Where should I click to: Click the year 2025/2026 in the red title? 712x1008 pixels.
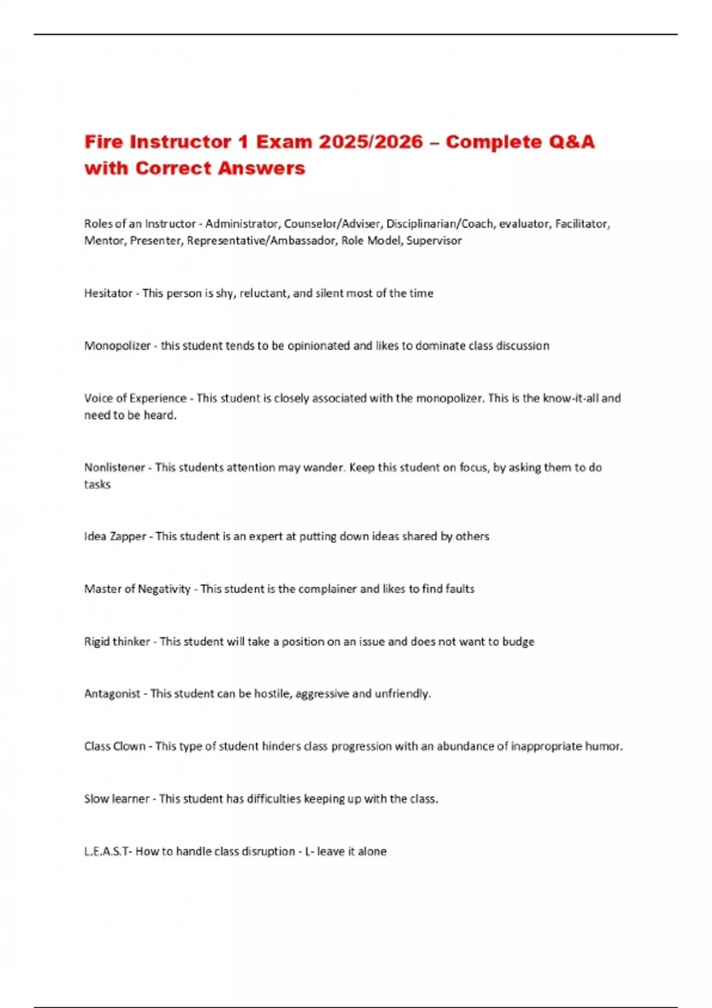point(371,142)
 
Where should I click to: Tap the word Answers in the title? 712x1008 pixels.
point(261,168)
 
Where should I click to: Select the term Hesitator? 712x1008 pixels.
point(108,293)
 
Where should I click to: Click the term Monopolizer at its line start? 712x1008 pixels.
point(117,346)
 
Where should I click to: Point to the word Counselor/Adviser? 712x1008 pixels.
point(332,224)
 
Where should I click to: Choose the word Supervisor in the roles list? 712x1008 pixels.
point(434,241)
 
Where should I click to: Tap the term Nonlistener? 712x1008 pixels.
point(115,467)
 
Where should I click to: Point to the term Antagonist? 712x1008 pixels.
point(112,694)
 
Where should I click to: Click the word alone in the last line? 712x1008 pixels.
point(372,851)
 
